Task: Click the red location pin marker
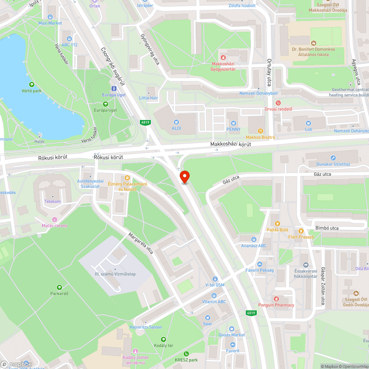pyautogui.click(x=184, y=177)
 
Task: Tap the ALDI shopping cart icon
pyautogui.click(x=176, y=122)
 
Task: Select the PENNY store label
pyautogui.click(x=233, y=129)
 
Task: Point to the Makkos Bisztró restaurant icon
pyautogui.click(x=261, y=131)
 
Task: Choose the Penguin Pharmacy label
pyautogui.click(x=276, y=305)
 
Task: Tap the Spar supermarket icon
pyautogui.click(x=207, y=317)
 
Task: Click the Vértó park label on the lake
pyautogui.click(x=31, y=91)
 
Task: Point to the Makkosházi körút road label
pyautogui.click(x=231, y=144)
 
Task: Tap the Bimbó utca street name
pyautogui.click(x=327, y=228)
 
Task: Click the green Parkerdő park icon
pyautogui.click(x=59, y=287)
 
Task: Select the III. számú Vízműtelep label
pyautogui.click(x=115, y=274)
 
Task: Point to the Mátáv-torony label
pyautogui.click(x=55, y=225)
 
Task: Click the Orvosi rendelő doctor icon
pyautogui.click(x=278, y=103)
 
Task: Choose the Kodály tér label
pyautogui.click(x=163, y=345)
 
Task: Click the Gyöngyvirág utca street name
pyautogui.click(x=150, y=50)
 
